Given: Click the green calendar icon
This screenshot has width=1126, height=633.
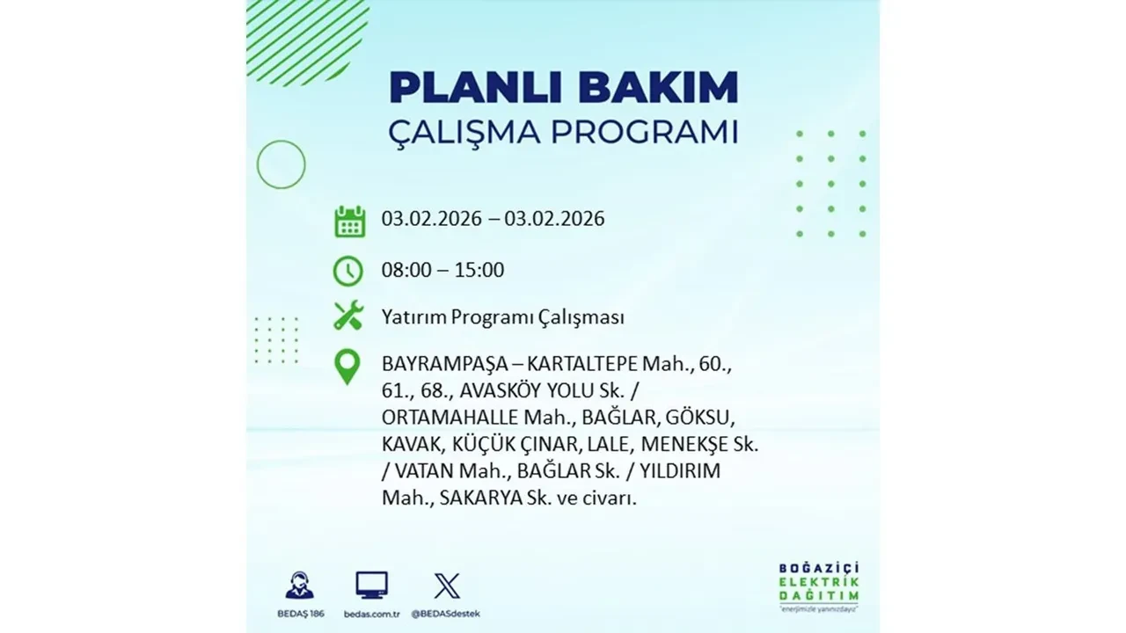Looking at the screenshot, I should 349,222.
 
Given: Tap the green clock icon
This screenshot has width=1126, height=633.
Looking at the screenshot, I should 348,270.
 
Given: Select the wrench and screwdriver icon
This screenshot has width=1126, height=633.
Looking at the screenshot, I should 348,316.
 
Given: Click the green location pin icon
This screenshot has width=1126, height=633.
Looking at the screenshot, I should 348,367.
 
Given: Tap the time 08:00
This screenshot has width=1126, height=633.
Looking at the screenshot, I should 407,270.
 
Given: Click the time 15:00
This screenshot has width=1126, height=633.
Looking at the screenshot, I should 479,270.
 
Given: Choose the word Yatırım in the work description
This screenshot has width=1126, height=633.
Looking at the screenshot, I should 413,317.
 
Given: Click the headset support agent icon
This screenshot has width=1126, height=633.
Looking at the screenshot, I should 299,586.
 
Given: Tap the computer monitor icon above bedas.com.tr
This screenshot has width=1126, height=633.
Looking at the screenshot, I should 371,586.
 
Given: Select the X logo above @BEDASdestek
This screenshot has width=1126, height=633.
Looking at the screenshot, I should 447,586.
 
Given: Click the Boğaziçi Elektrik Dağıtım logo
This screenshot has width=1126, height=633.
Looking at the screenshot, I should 819,584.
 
